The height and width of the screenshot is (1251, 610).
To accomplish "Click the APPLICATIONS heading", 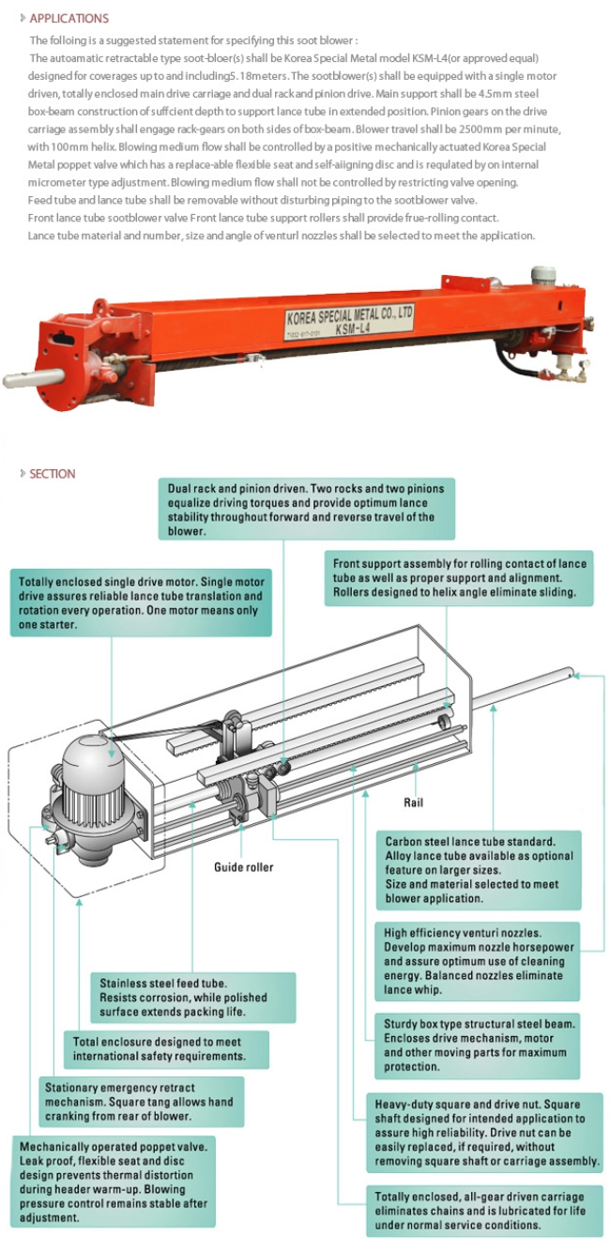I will (69, 18).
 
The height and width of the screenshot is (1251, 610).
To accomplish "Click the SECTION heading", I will (52, 474).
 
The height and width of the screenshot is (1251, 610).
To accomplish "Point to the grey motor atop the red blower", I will (543, 275).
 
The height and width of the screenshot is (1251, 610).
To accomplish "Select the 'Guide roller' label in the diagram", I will (244, 866).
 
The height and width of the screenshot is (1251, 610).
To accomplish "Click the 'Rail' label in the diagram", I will (414, 802).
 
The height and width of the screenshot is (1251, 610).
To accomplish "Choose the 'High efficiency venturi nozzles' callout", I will (480, 962).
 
